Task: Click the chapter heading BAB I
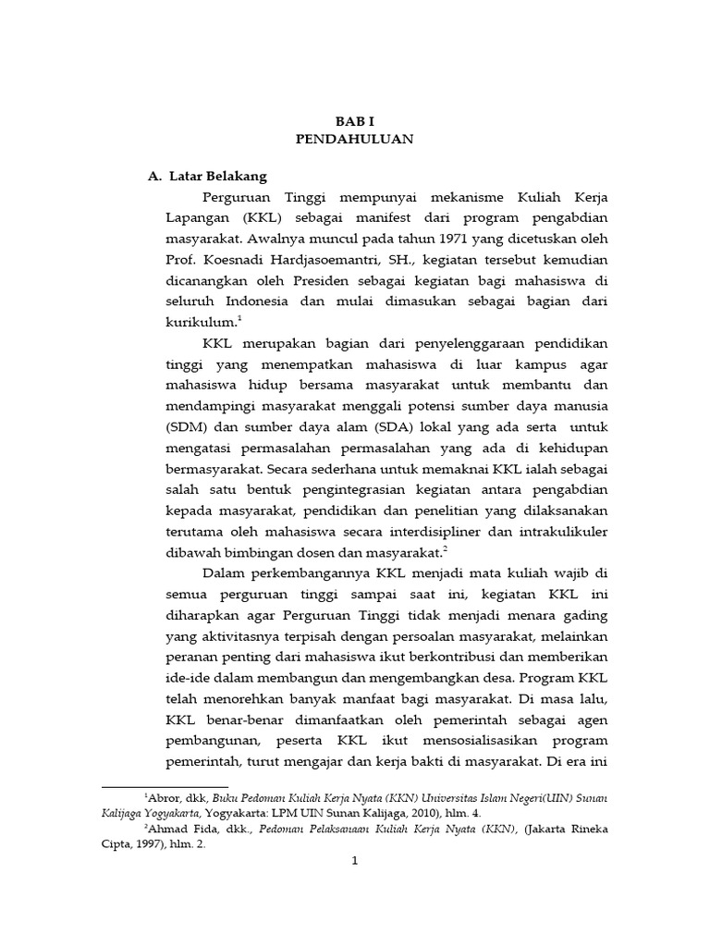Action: [354, 121]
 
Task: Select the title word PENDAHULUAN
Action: [354, 140]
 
